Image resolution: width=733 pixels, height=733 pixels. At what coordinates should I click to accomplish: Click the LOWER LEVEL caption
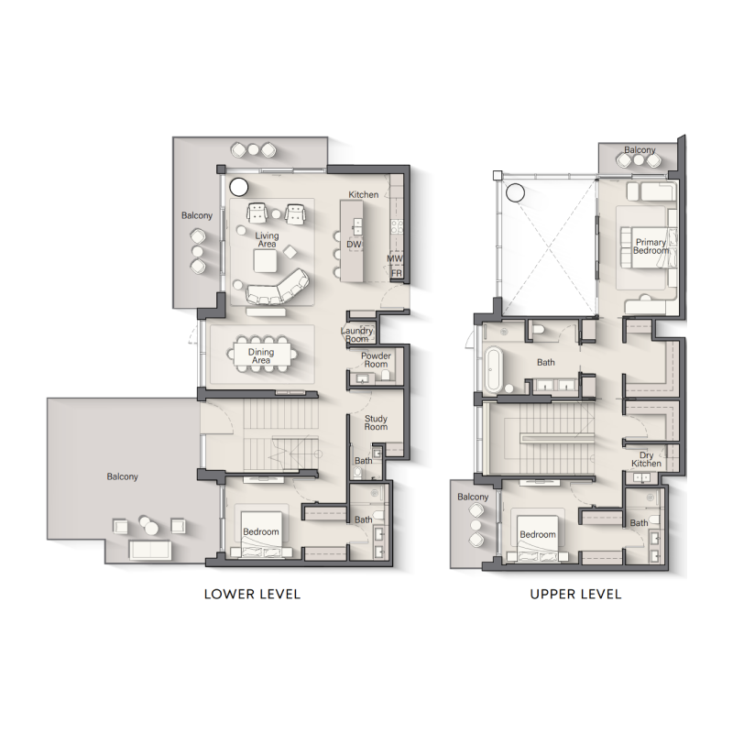(x=251, y=594)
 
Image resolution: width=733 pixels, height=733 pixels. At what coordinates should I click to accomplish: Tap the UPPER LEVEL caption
(x=575, y=594)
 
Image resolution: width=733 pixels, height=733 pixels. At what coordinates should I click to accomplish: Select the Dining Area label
(x=261, y=356)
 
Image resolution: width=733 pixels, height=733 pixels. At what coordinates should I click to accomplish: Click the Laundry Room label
(x=357, y=334)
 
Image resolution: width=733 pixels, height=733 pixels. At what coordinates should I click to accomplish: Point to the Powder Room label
(x=376, y=359)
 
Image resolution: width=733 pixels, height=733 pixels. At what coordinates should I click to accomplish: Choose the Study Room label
(x=376, y=422)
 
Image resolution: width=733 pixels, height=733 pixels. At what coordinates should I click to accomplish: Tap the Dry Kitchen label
(x=646, y=459)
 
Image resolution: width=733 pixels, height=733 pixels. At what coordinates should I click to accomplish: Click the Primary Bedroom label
(x=651, y=246)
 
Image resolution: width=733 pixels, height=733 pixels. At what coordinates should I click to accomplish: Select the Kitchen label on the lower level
(x=364, y=195)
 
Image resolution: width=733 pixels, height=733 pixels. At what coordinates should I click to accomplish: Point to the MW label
(x=396, y=258)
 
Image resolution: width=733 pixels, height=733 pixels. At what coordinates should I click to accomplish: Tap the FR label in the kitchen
(x=397, y=273)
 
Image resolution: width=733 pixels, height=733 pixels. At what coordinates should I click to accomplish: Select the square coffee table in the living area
(x=267, y=261)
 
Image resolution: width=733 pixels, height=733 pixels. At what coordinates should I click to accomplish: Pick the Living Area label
(x=267, y=240)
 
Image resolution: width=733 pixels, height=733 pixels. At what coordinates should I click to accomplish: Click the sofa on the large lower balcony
(x=148, y=549)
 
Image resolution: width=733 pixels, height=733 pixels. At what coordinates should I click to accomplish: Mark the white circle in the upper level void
(x=515, y=192)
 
